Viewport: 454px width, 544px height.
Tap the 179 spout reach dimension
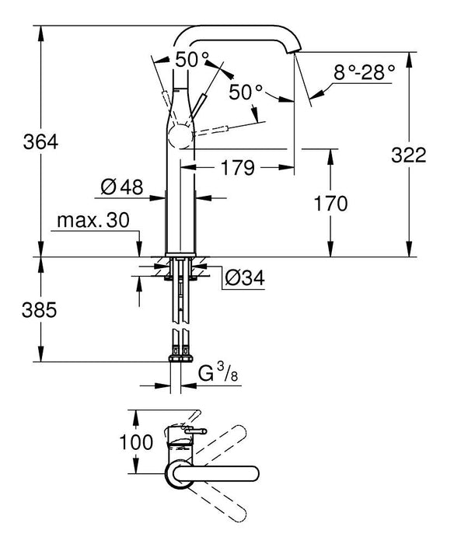coord(239,166)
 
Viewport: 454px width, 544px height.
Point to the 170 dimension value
coord(331,204)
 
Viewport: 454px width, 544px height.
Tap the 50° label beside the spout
coord(246,92)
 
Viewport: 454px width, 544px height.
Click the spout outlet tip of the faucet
coord(296,50)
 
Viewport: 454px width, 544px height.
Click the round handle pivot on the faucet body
coord(178,138)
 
